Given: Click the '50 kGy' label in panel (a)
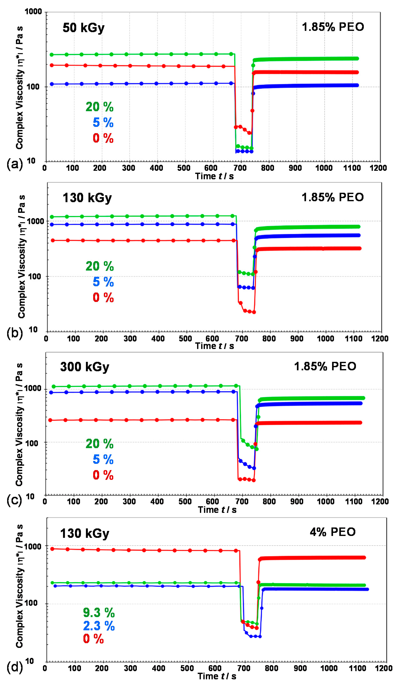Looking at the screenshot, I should (x=83, y=28).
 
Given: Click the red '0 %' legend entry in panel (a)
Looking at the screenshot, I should (x=103, y=138).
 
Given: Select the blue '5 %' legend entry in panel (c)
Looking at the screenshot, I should (x=103, y=460).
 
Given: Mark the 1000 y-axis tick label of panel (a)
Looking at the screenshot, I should (x=33, y=12).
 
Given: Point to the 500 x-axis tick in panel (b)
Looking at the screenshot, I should (x=185, y=339).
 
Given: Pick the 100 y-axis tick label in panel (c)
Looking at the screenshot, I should (x=32, y=443).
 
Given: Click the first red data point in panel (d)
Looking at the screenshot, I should (x=52, y=549).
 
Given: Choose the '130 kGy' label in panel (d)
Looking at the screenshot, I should (x=85, y=534).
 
